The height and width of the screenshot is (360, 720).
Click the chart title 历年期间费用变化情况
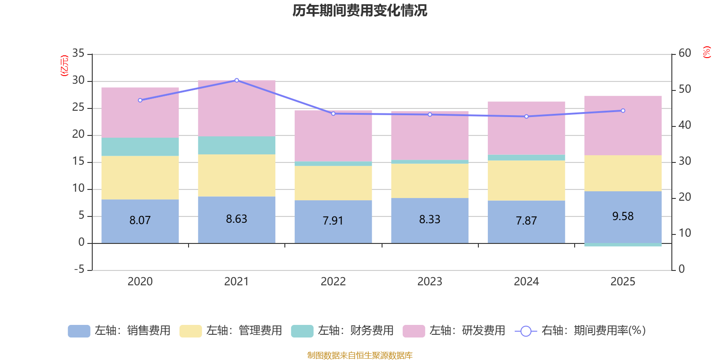click(x=360, y=10)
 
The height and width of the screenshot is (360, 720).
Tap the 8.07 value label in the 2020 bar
click(x=140, y=220)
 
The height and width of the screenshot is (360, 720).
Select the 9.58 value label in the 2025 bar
click(x=623, y=216)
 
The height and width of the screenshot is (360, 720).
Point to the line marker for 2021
click(x=237, y=80)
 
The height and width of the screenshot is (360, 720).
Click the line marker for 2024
click(x=526, y=117)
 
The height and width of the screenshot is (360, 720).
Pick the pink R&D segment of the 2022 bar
click(x=333, y=136)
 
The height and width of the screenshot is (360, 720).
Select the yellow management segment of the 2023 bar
click(x=430, y=180)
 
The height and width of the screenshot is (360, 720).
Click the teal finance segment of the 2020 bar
click(x=140, y=147)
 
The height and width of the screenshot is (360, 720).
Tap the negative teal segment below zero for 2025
click(x=623, y=245)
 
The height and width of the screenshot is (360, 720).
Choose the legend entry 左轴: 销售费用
click(x=119, y=331)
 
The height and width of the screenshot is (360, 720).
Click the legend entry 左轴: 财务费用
click(x=342, y=331)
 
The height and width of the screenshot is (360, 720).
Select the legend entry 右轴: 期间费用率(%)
click(x=580, y=331)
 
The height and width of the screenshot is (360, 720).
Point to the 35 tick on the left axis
click(x=78, y=53)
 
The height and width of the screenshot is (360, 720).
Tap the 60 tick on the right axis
click(x=685, y=53)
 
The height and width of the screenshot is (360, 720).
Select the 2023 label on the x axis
click(x=430, y=281)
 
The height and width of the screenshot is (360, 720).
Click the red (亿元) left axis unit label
click(x=64, y=66)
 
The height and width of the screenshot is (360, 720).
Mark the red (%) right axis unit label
click(x=706, y=52)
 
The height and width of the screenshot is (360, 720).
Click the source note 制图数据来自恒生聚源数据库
click(x=360, y=355)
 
